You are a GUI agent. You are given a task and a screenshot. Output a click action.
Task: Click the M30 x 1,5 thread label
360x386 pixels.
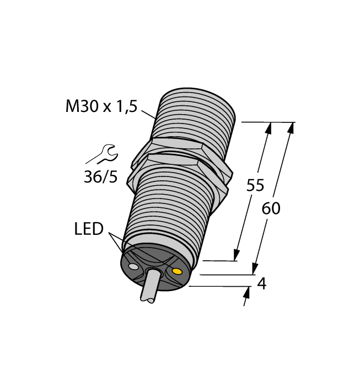coord(100,106)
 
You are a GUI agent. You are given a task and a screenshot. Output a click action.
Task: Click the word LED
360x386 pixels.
coord(89,229)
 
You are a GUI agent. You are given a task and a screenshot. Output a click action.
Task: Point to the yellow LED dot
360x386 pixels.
coord(177,271)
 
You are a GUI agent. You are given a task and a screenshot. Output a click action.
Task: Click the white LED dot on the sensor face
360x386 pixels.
coord(133,267)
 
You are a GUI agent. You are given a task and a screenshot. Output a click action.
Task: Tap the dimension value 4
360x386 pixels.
coord(262,284)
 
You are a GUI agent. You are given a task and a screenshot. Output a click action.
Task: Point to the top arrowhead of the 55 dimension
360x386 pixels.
coord(269,127)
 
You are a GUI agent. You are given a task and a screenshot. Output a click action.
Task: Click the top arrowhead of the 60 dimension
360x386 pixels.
coord(290,127)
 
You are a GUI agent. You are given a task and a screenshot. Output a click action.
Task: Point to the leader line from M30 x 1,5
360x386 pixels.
coord(147,114)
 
